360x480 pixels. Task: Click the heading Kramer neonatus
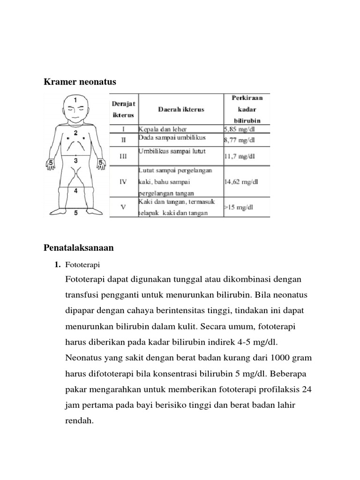pyautogui.click(x=80, y=82)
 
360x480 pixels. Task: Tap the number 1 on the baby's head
pyautogui.click(x=75, y=100)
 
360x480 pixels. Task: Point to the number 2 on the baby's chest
pyautogui.click(x=75, y=133)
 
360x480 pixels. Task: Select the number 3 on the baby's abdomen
pyautogui.click(x=75, y=161)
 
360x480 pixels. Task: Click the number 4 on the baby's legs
pyautogui.click(x=75, y=191)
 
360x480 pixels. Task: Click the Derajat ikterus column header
pyautogui.click(x=123, y=109)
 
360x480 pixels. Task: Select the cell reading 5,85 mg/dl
pyautogui.click(x=240, y=128)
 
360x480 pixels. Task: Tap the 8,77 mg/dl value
pyautogui.click(x=240, y=140)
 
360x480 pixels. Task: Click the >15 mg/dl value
pyautogui.click(x=239, y=207)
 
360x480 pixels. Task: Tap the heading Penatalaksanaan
pyautogui.click(x=79, y=247)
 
